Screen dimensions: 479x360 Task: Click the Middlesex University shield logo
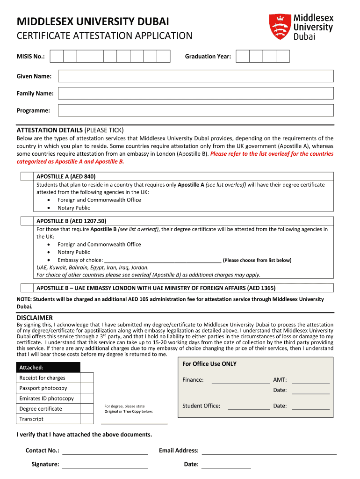[x=280, y=26]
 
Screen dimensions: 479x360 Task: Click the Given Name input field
[x=195, y=76]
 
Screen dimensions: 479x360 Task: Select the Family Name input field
[x=195, y=94]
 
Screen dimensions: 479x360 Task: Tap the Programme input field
[x=195, y=110]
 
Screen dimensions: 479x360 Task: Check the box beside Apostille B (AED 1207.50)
[x=27, y=221]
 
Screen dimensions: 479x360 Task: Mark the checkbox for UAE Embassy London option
[x=27, y=288]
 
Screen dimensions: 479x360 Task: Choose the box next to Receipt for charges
[x=87, y=378]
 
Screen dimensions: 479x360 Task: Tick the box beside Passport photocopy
[x=87, y=388]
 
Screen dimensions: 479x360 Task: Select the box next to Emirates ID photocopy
[x=87, y=399]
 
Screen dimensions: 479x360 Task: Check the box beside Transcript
[x=87, y=419]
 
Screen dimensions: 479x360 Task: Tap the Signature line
[x=105, y=466]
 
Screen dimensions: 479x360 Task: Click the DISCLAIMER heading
[x=35, y=318]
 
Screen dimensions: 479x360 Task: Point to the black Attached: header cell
[x=48, y=368]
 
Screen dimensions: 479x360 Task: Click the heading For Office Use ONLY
[x=209, y=364]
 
